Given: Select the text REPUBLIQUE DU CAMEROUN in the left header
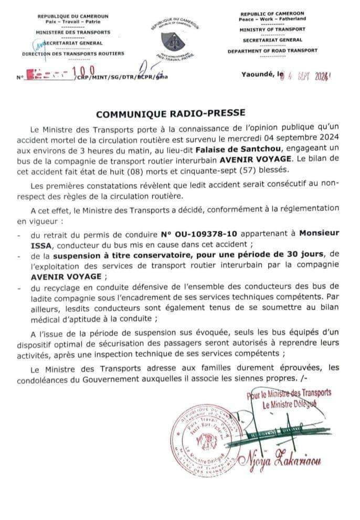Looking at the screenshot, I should [x=73, y=16].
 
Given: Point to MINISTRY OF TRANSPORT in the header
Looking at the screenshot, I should [x=273, y=30].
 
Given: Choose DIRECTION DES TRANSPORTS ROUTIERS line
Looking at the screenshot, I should [x=73, y=54].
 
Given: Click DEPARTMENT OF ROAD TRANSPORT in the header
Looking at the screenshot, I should [x=273, y=51].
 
